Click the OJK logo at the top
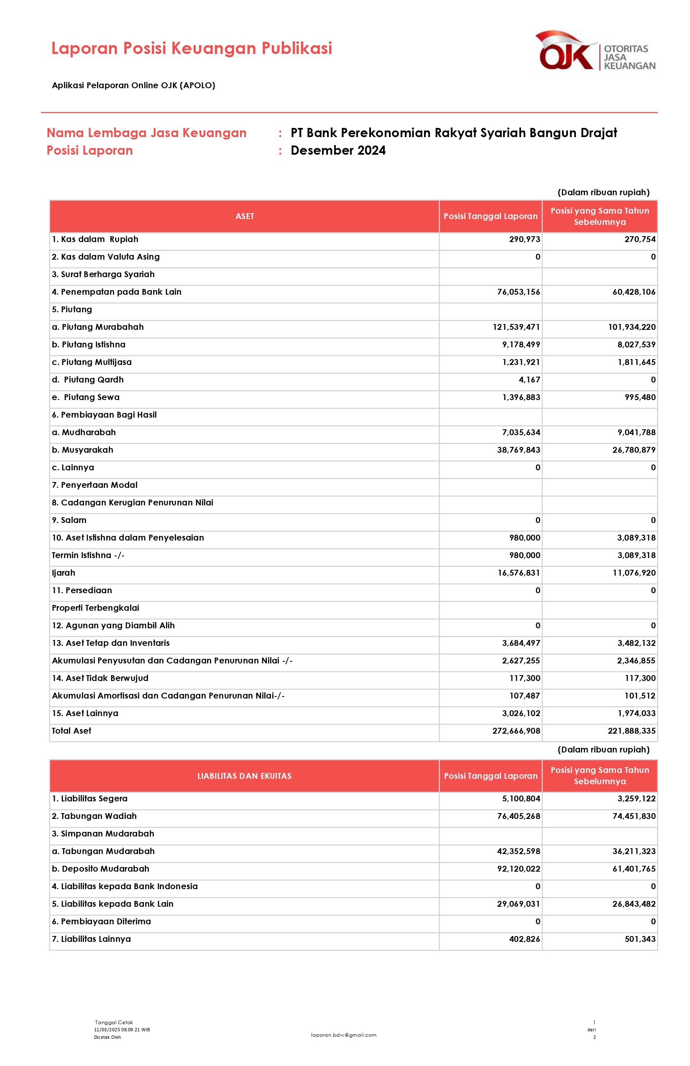click(595, 51)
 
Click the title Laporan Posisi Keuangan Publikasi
click(192, 48)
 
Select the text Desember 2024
click(338, 150)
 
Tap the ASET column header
click(245, 217)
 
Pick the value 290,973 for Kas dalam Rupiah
click(524, 239)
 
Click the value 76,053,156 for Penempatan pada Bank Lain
click(519, 292)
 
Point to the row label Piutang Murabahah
click(98, 327)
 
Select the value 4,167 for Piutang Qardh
click(529, 380)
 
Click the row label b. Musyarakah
click(82, 450)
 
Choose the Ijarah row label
click(64, 573)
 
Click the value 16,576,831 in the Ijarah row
click(519, 573)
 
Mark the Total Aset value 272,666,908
click(516, 731)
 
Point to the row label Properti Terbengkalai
click(95, 608)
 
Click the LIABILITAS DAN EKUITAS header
click(245, 776)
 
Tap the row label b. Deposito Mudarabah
click(100, 869)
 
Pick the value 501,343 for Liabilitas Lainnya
click(640, 939)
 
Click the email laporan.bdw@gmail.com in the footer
click(344, 1035)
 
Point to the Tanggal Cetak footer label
click(114, 1023)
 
